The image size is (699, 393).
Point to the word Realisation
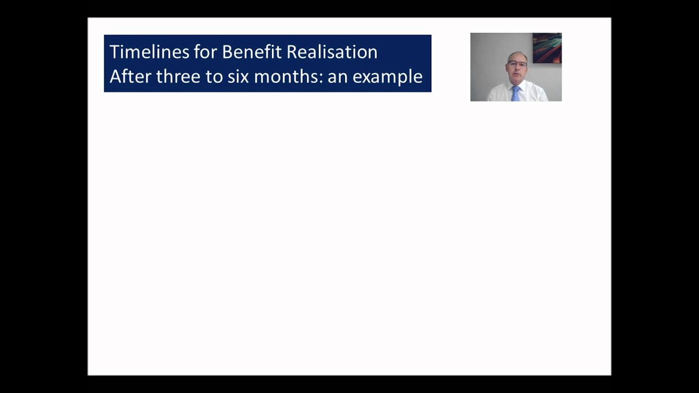tap(332, 52)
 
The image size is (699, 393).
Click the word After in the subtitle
tap(130, 76)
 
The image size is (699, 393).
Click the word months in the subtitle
tap(288, 76)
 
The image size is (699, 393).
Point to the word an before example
tap(337, 76)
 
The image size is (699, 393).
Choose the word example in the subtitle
tap(387, 76)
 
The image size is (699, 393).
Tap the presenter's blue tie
tap(516, 94)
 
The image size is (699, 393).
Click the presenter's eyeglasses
tap(517, 64)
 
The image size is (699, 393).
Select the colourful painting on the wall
tap(547, 48)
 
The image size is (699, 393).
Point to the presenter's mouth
tap(517, 75)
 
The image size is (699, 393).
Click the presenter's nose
tap(517, 69)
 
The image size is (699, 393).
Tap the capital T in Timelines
tap(114, 52)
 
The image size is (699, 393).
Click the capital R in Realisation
tap(292, 52)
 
